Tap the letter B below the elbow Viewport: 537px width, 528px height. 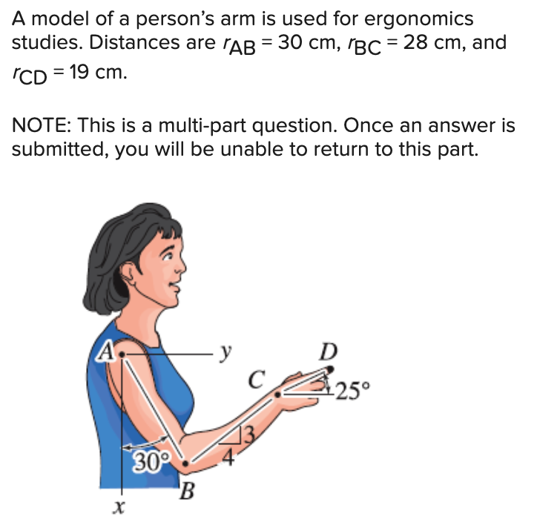click(x=188, y=490)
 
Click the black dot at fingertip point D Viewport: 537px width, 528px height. click(x=330, y=368)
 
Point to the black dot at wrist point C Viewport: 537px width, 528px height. click(x=277, y=395)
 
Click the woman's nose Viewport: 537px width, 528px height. click(x=181, y=265)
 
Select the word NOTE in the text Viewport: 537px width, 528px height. click(x=40, y=126)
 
